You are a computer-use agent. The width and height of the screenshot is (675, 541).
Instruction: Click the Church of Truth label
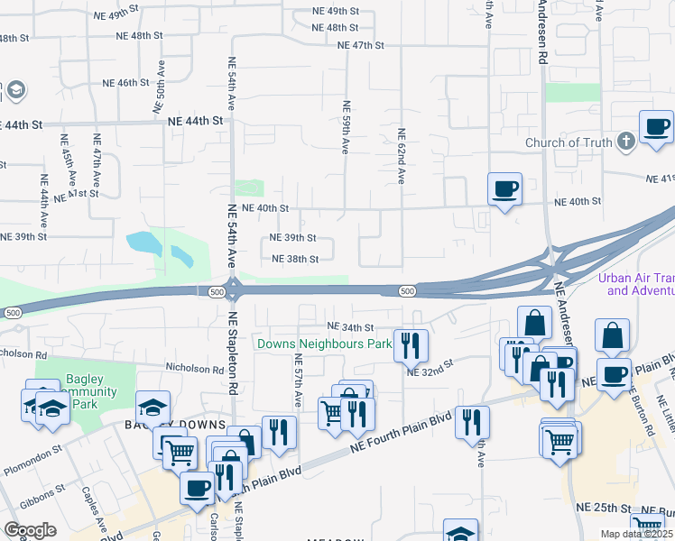[x=569, y=142]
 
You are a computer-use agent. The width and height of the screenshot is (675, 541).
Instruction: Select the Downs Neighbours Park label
[x=324, y=344]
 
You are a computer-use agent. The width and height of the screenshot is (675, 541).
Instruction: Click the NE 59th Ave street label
[x=346, y=126]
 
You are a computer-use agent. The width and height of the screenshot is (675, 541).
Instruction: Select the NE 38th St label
[x=296, y=259]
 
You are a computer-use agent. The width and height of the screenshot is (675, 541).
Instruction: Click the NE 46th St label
[x=125, y=83]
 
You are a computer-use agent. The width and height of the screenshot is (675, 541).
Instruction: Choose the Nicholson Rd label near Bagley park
[x=193, y=369]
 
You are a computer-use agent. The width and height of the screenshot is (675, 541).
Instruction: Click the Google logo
[x=30, y=530]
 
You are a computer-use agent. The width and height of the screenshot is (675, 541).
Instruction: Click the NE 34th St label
[x=349, y=326]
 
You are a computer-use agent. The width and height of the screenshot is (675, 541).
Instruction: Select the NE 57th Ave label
[x=297, y=378]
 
